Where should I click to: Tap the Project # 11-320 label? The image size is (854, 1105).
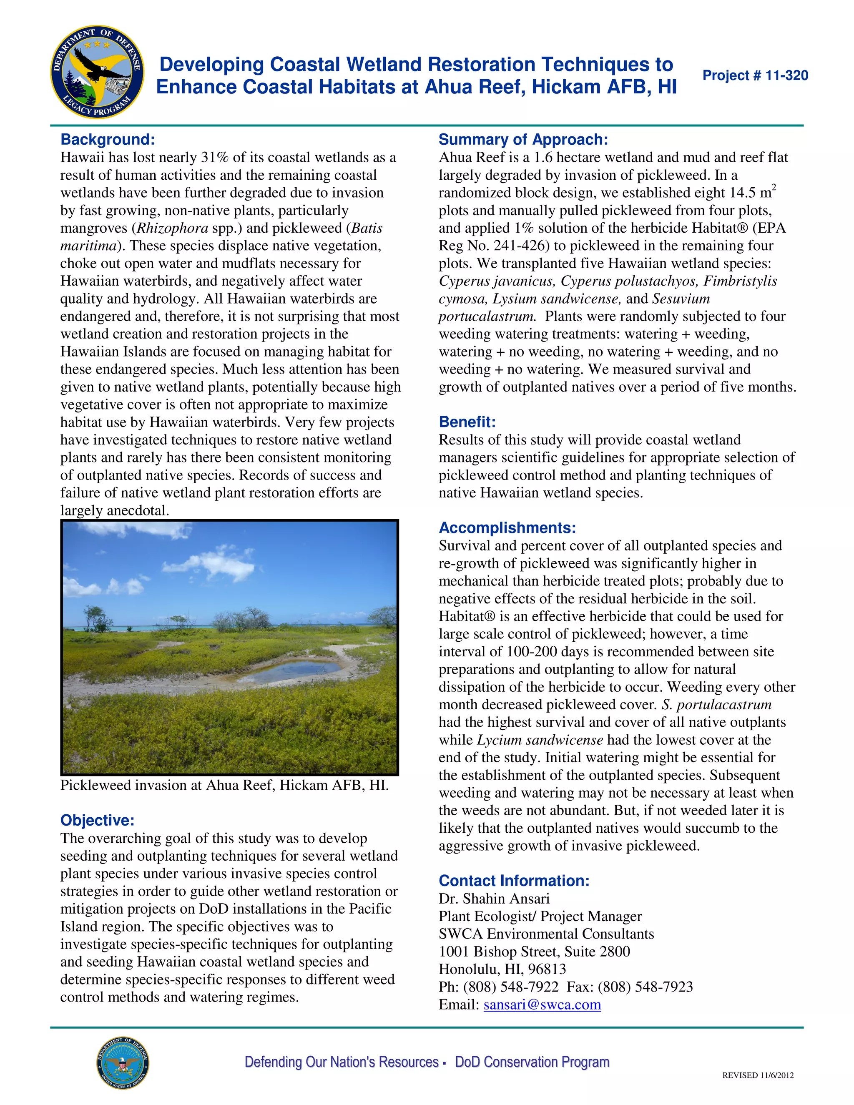[x=755, y=75]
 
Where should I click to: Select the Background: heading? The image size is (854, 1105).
[x=107, y=139]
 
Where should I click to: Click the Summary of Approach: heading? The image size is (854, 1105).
[x=523, y=139]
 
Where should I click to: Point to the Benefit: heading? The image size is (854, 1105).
[x=467, y=422]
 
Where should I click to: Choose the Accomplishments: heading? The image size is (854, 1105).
[x=507, y=528]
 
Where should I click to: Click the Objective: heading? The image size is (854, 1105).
[x=97, y=820]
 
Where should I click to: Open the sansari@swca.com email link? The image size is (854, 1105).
[x=542, y=1005]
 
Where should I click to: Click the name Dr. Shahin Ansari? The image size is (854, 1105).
[x=494, y=899]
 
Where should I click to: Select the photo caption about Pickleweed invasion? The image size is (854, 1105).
[x=224, y=785]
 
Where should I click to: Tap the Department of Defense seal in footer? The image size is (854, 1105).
[x=123, y=1062]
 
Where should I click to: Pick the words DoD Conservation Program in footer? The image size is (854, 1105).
[x=532, y=1062]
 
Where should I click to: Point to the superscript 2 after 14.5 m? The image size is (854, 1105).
[x=774, y=188]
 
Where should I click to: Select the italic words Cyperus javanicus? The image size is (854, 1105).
[x=496, y=281]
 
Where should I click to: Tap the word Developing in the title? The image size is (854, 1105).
[x=211, y=64]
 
